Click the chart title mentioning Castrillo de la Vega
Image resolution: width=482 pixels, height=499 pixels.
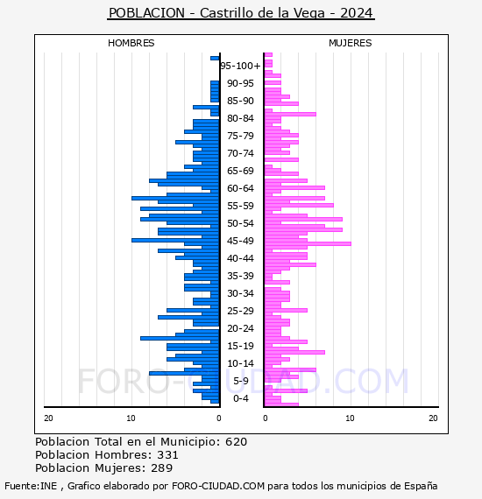pyautogui.click(x=241, y=13)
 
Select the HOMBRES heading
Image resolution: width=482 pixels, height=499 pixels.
pyautogui.click(x=131, y=43)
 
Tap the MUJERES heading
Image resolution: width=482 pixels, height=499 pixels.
pyautogui.click(x=351, y=43)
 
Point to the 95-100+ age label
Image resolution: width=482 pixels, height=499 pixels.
pyautogui.click(x=240, y=66)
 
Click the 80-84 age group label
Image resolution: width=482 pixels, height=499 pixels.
pyautogui.click(x=240, y=118)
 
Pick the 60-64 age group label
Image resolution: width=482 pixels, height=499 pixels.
pyautogui.click(x=240, y=188)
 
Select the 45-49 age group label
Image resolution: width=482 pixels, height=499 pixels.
pyautogui.click(x=240, y=241)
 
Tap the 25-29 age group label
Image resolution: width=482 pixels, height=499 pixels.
pyautogui.click(x=240, y=311)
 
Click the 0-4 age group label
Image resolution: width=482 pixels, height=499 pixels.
pyautogui.click(x=241, y=398)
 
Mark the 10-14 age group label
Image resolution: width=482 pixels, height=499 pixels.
pyautogui.click(x=240, y=363)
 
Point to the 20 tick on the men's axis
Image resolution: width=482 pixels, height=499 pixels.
pyautogui.click(x=48, y=418)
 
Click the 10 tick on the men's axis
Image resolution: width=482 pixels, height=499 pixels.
pyautogui.click(x=131, y=418)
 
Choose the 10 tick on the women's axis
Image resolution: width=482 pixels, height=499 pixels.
pyautogui.click(x=350, y=418)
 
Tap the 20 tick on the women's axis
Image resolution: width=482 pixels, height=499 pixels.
pyautogui.click(x=433, y=418)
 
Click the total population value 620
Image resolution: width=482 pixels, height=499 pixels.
pyautogui.click(x=236, y=442)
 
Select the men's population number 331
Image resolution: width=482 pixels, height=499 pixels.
pyautogui.click(x=167, y=454)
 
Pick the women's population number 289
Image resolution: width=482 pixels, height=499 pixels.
pyautogui.click(x=162, y=468)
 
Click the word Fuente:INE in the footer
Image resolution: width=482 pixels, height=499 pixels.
pyautogui.click(x=31, y=486)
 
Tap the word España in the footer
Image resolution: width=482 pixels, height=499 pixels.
pyautogui.click(x=421, y=486)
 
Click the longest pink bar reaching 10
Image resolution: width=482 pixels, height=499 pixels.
pyautogui.click(x=308, y=243)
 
